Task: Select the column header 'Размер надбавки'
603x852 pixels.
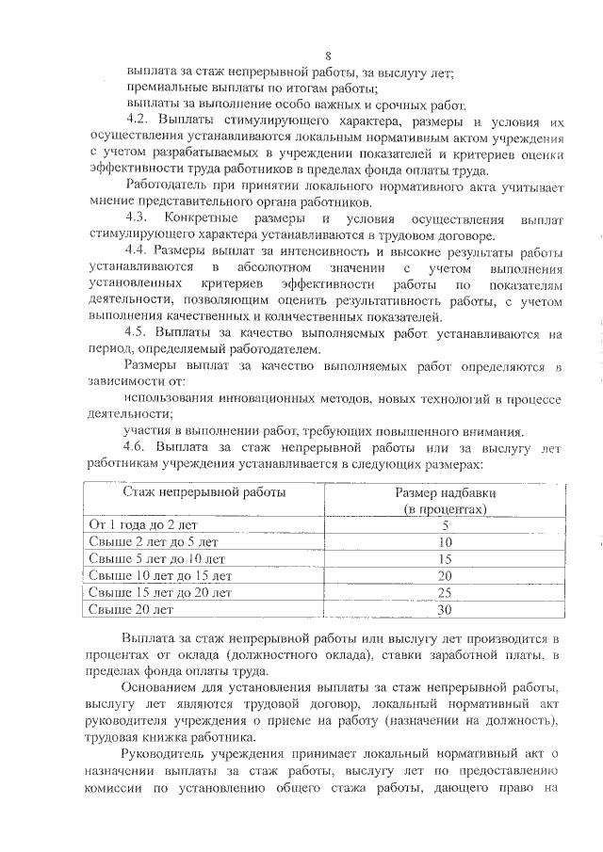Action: (445, 491)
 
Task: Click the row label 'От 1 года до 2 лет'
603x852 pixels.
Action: (143, 524)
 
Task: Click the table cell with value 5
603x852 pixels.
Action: (445, 524)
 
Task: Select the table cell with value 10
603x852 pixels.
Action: (445, 541)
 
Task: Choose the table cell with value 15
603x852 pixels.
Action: (445, 558)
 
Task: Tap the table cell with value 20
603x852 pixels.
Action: (445, 575)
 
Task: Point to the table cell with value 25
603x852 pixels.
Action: (445, 592)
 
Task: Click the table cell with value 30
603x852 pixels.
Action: (445, 609)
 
